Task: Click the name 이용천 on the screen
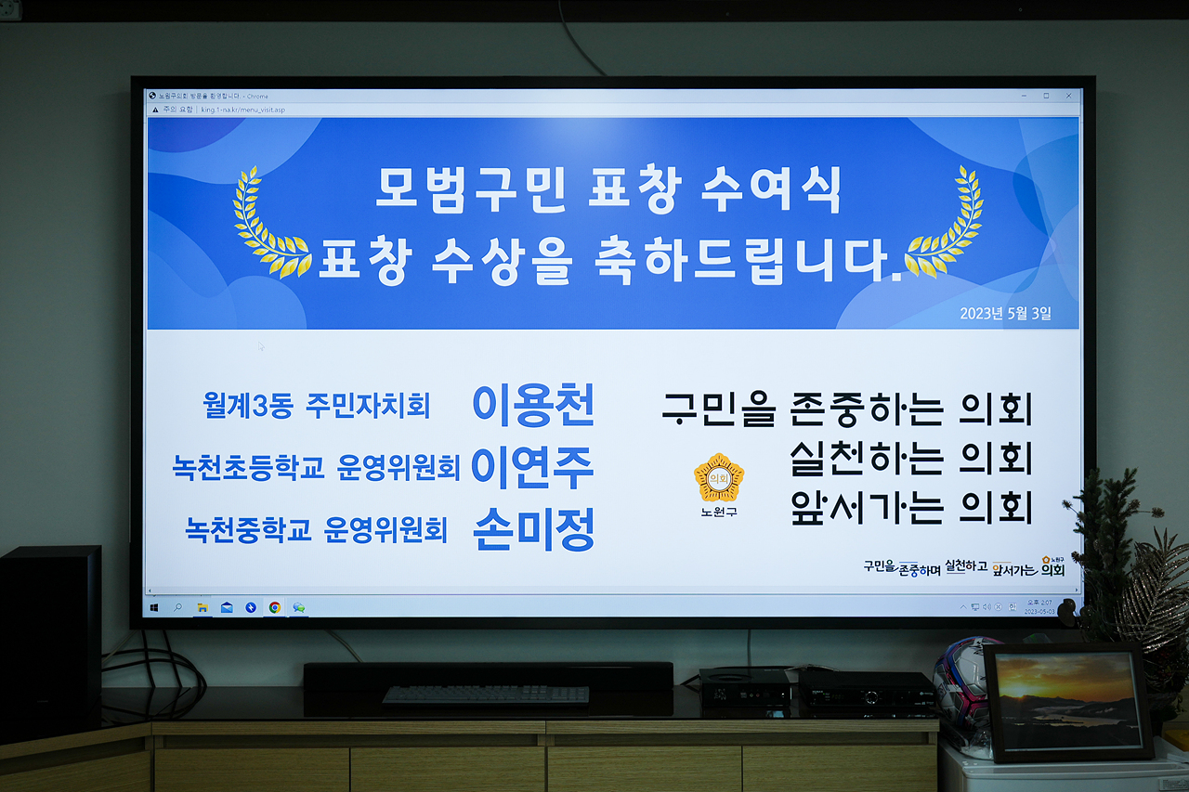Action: point(532,404)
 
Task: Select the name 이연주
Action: point(532,467)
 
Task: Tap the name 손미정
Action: point(533,530)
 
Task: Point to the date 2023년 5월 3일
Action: point(1005,314)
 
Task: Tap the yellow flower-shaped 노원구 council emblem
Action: point(719,477)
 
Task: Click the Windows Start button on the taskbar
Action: point(154,607)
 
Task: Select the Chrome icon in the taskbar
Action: point(275,607)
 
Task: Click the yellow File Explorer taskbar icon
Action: point(203,607)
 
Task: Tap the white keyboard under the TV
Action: point(485,694)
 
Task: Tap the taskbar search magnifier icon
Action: point(177,607)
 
